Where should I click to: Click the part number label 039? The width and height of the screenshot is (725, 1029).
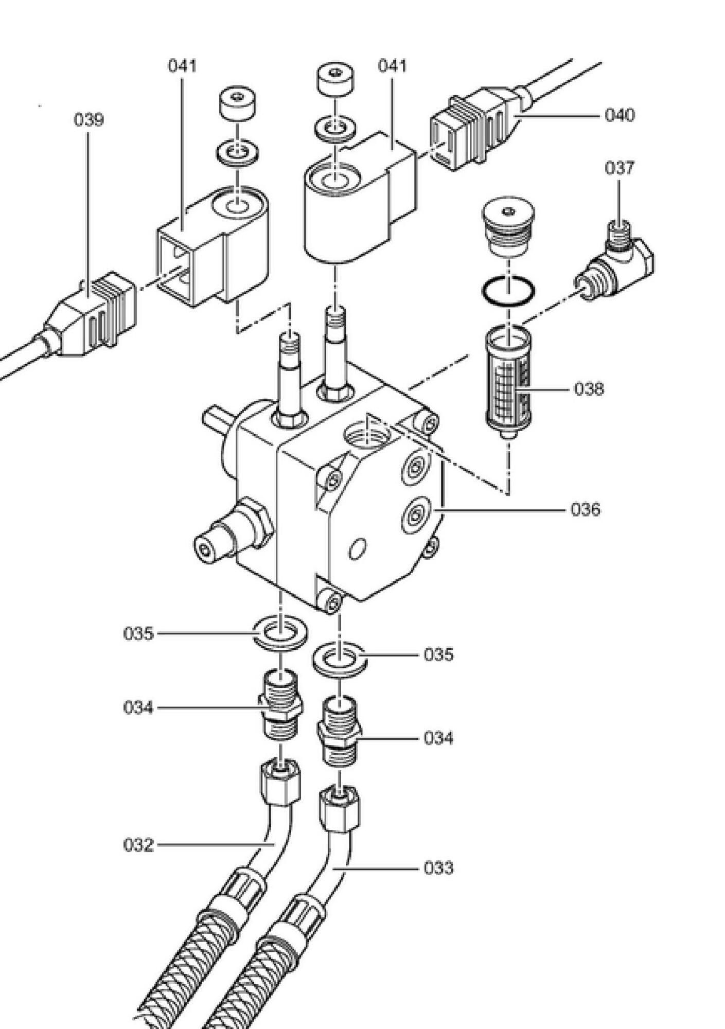coord(89,120)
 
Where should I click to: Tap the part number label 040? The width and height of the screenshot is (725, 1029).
coord(620,115)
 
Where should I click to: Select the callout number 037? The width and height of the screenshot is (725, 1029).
coord(620,168)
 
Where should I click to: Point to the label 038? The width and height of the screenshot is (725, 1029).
coord(589,389)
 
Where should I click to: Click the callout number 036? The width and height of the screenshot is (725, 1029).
coord(586,509)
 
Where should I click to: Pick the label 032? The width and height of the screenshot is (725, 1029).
coord(138,845)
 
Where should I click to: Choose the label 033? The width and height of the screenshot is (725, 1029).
coord(439,868)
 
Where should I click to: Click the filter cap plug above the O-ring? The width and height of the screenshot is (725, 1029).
coord(508,226)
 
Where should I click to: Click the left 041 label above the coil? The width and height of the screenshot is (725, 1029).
coord(182,66)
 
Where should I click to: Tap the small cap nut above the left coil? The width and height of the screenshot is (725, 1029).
coord(238,103)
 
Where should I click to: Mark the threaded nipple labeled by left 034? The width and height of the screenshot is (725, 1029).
coord(280,703)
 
